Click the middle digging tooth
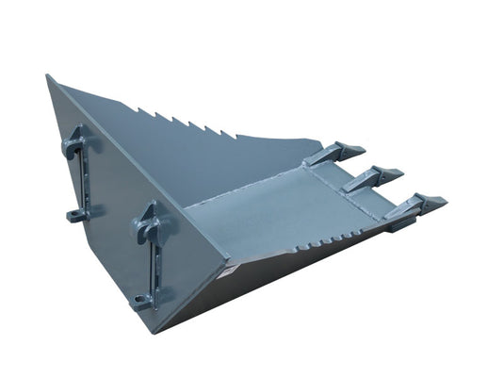point(377,176)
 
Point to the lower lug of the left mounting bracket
point(74,214)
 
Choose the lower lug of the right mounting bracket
point(143,302)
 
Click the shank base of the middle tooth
point(358,183)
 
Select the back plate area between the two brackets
point(113,207)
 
